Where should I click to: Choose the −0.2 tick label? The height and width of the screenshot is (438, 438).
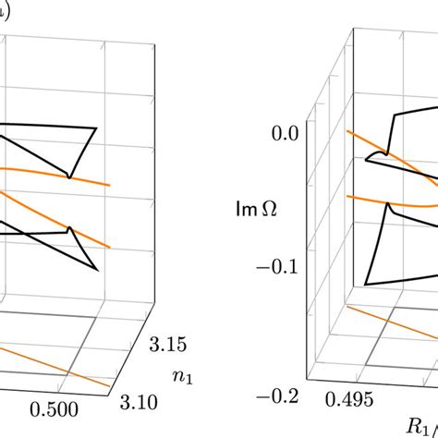click(274, 397)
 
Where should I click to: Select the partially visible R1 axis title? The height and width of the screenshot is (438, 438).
click(420, 425)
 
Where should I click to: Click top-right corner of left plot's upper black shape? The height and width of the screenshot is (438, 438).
click(96, 127)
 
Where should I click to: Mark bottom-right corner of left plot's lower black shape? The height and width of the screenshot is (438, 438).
click(96, 269)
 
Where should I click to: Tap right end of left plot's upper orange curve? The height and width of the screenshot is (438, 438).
click(111, 185)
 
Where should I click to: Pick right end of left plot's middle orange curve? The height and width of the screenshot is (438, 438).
click(111, 247)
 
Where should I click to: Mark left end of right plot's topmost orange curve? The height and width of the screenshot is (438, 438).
click(348, 131)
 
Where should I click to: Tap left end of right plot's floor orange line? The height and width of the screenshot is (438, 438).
click(348, 310)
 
